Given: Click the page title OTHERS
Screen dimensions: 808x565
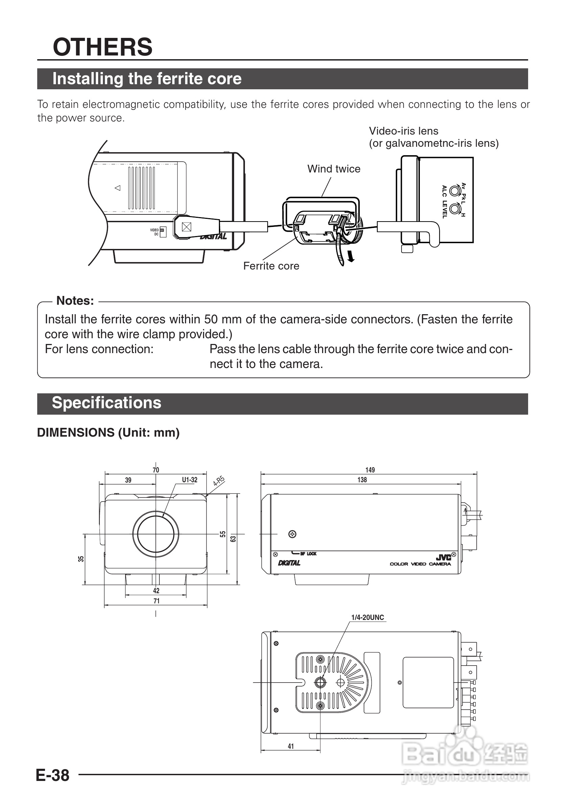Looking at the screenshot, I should click(x=103, y=47).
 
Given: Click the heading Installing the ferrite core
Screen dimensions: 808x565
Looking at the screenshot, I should click(x=147, y=78).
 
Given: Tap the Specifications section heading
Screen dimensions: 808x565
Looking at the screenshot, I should click(x=106, y=402).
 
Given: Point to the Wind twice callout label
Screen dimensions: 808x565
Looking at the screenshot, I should click(x=334, y=169).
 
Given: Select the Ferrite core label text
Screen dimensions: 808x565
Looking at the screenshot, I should click(x=271, y=266).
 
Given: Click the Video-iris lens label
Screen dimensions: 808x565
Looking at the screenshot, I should click(x=403, y=131).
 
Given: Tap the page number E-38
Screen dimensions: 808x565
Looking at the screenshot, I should click(x=53, y=775).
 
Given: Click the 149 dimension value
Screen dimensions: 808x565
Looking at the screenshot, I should click(x=370, y=470).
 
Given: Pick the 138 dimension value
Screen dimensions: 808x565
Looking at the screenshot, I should click(x=362, y=480).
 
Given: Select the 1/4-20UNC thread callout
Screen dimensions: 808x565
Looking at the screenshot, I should click(x=367, y=617).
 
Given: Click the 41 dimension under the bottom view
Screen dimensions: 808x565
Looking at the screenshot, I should click(x=291, y=746).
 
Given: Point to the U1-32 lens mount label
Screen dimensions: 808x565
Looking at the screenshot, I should click(x=189, y=480).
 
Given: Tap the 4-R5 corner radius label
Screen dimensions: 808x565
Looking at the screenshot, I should click(x=219, y=481).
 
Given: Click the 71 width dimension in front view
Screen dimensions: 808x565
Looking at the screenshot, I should click(x=156, y=601).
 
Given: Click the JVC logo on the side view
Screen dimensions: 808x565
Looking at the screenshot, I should click(x=443, y=557).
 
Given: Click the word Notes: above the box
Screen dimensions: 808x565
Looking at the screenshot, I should click(x=75, y=301).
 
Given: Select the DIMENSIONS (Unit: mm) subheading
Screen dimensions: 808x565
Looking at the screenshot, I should click(x=108, y=433).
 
